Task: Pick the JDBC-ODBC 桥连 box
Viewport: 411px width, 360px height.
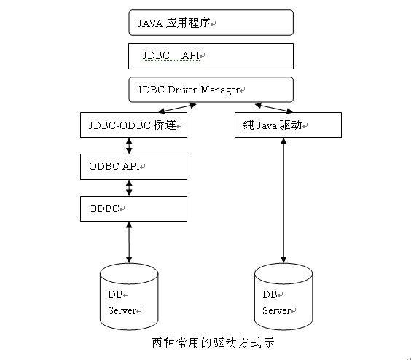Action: pos(133,125)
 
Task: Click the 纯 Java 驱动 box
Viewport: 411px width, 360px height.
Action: pos(287,125)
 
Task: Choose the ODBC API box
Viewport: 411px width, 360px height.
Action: pos(133,166)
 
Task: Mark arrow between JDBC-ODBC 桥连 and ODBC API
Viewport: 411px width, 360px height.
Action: pos(130,146)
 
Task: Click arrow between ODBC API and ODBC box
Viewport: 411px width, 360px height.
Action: pos(130,187)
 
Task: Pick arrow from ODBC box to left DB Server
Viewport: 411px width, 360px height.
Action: pos(129,242)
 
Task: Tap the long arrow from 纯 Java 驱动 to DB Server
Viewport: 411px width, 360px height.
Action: pos(283,200)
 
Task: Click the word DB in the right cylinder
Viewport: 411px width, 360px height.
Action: pos(270,294)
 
